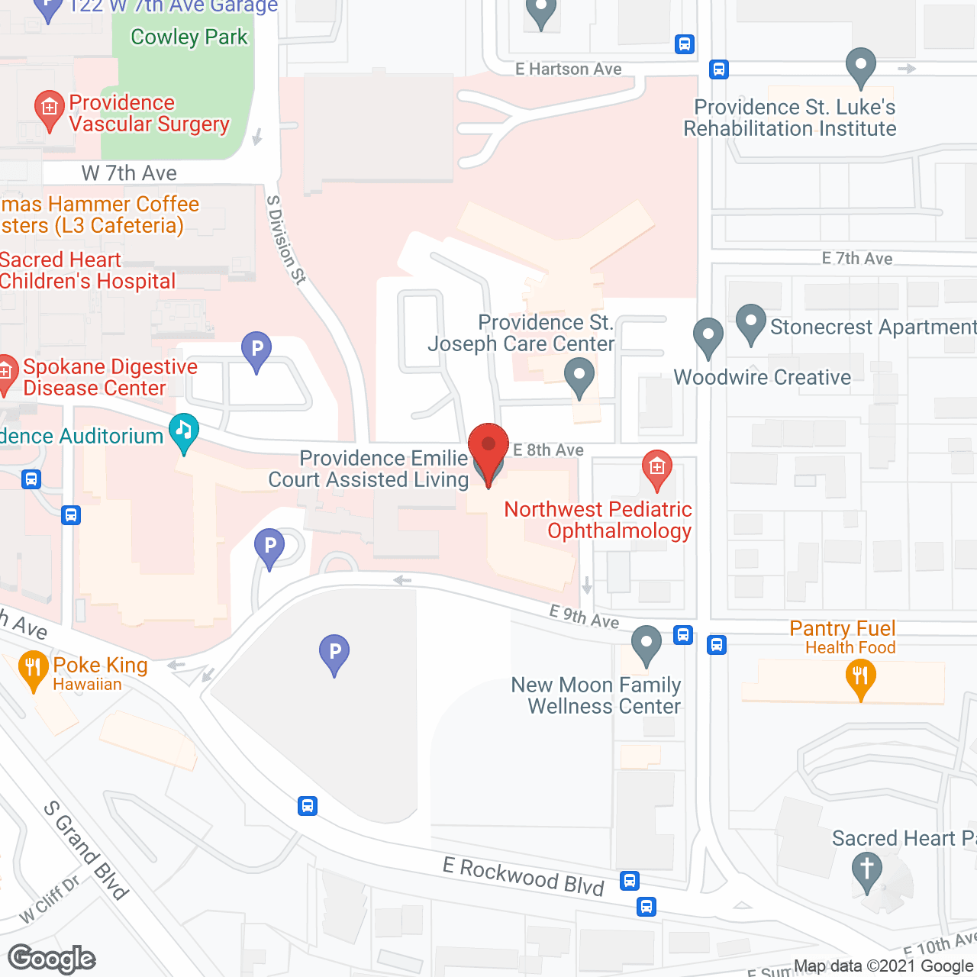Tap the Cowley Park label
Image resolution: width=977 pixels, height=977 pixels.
click(x=189, y=37)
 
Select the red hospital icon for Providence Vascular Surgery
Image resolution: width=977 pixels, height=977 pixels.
click(x=50, y=109)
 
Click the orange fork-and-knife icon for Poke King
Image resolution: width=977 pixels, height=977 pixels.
click(x=33, y=669)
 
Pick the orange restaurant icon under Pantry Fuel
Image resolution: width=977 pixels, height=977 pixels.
click(x=860, y=678)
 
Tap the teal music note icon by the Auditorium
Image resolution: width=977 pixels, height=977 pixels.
click(x=184, y=431)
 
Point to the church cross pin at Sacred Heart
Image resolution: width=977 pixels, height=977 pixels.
click(x=866, y=871)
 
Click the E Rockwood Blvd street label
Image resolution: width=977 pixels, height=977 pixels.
click(x=524, y=875)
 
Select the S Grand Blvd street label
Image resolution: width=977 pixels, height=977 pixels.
click(x=85, y=850)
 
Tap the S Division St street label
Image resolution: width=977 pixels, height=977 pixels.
click(x=286, y=240)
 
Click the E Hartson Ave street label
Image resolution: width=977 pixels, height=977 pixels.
click(x=568, y=69)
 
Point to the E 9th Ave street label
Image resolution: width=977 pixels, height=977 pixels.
click(x=585, y=616)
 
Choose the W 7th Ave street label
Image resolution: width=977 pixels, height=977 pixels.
click(x=129, y=173)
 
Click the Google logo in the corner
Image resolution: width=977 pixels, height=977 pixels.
click(x=51, y=959)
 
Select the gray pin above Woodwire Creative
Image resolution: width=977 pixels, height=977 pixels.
click(x=708, y=336)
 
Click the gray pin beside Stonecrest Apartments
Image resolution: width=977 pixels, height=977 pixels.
click(x=751, y=323)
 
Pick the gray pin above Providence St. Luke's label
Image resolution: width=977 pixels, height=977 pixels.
click(x=861, y=66)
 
